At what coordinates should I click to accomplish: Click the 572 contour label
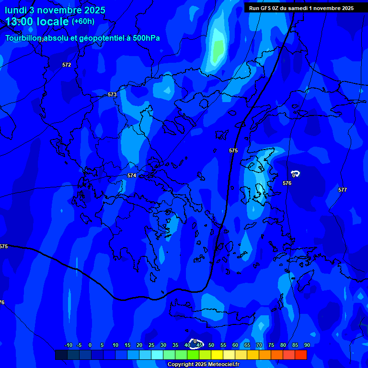(67, 65)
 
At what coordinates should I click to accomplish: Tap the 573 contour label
(112, 95)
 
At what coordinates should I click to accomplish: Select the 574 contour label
(132, 176)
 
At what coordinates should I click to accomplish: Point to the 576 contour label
(287, 184)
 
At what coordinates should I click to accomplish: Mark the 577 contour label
(343, 190)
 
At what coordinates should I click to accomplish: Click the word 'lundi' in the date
(16, 10)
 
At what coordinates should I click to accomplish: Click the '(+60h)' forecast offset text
(83, 22)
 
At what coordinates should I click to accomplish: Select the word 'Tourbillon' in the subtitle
(24, 38)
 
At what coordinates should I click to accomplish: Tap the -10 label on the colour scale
(68, 345)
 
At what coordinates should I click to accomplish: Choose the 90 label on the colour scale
(307, 345)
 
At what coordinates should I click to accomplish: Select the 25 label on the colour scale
(151, 345)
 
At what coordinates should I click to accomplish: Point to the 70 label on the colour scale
(259, 345)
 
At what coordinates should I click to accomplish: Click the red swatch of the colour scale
(301, 355)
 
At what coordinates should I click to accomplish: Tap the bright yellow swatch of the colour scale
(217, 355)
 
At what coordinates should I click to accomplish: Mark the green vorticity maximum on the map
(218, 48)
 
